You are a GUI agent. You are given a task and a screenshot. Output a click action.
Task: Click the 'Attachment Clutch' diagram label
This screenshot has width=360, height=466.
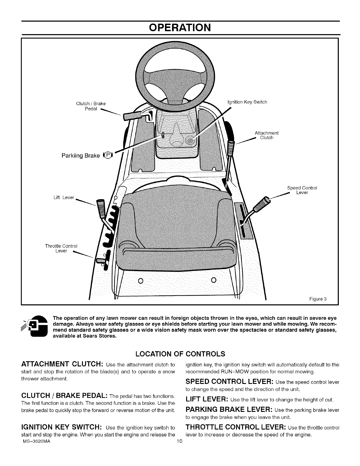(x=266, y=135)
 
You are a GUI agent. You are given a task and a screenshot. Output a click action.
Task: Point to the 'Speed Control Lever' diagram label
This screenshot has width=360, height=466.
(x=302, y=190)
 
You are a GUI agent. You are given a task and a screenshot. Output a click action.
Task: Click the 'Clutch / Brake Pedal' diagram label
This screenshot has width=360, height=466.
(x=91, y=106)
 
